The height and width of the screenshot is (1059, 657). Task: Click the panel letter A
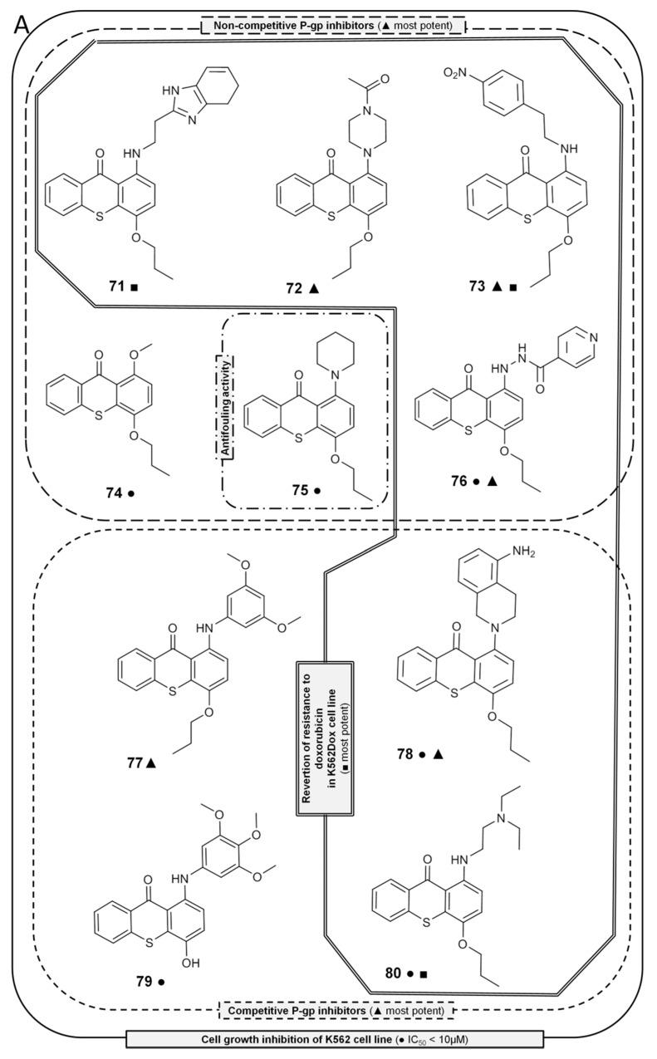coord(23,25)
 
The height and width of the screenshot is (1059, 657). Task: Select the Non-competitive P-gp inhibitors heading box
coord(332,25)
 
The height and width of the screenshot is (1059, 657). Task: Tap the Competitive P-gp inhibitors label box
coord(336,1009)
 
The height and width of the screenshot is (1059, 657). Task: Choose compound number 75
coord(292,490)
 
